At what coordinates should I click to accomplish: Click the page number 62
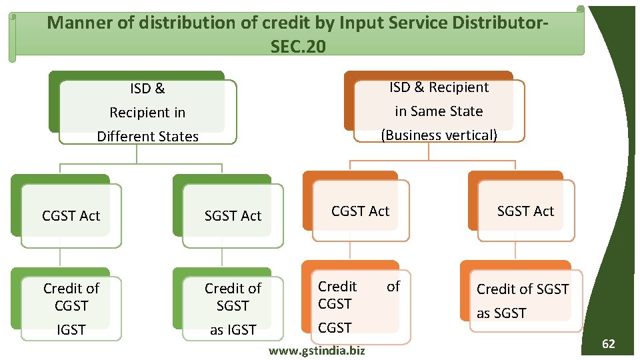pos(608,344)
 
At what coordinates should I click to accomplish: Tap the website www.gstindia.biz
pos(316,350)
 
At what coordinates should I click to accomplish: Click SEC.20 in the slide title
pos(299,47)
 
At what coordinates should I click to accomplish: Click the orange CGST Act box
pos(360,211)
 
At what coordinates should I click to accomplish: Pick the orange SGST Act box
pos(525,211)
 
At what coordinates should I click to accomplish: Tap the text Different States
pos(147,137)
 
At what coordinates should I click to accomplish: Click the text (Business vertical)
pos(439,135)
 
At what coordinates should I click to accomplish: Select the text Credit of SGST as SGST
pos(523,301)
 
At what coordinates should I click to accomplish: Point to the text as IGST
pos(233,329)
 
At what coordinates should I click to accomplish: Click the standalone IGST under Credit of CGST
pos(71,329)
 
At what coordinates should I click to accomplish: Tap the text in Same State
pos(439,111)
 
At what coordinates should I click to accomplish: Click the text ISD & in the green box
pos(147,89)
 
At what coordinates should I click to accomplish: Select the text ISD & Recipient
pos(439,87)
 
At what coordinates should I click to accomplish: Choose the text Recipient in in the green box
pos(147,113)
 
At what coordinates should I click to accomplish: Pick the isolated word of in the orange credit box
pos(393,287)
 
